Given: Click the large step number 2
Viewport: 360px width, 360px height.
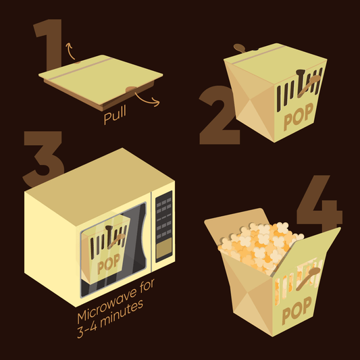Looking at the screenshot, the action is tap(220, 115).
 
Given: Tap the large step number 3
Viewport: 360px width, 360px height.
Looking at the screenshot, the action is tap(44, 159).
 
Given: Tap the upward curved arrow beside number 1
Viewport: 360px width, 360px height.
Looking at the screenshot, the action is tap(70, 51).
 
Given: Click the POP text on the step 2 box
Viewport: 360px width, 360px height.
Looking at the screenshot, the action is tap(299, 117).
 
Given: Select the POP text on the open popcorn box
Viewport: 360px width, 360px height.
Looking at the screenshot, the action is tap(297, 311).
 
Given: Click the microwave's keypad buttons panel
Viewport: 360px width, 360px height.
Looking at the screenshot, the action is tap(163, 218).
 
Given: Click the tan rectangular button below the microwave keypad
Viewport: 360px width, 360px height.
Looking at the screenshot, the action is tap(164, 248).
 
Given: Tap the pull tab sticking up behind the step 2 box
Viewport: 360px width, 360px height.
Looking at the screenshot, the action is tap(240, 48).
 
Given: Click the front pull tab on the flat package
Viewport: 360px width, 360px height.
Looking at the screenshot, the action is tap(131, 90).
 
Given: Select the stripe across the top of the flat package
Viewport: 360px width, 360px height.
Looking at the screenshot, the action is tap(80, 69).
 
